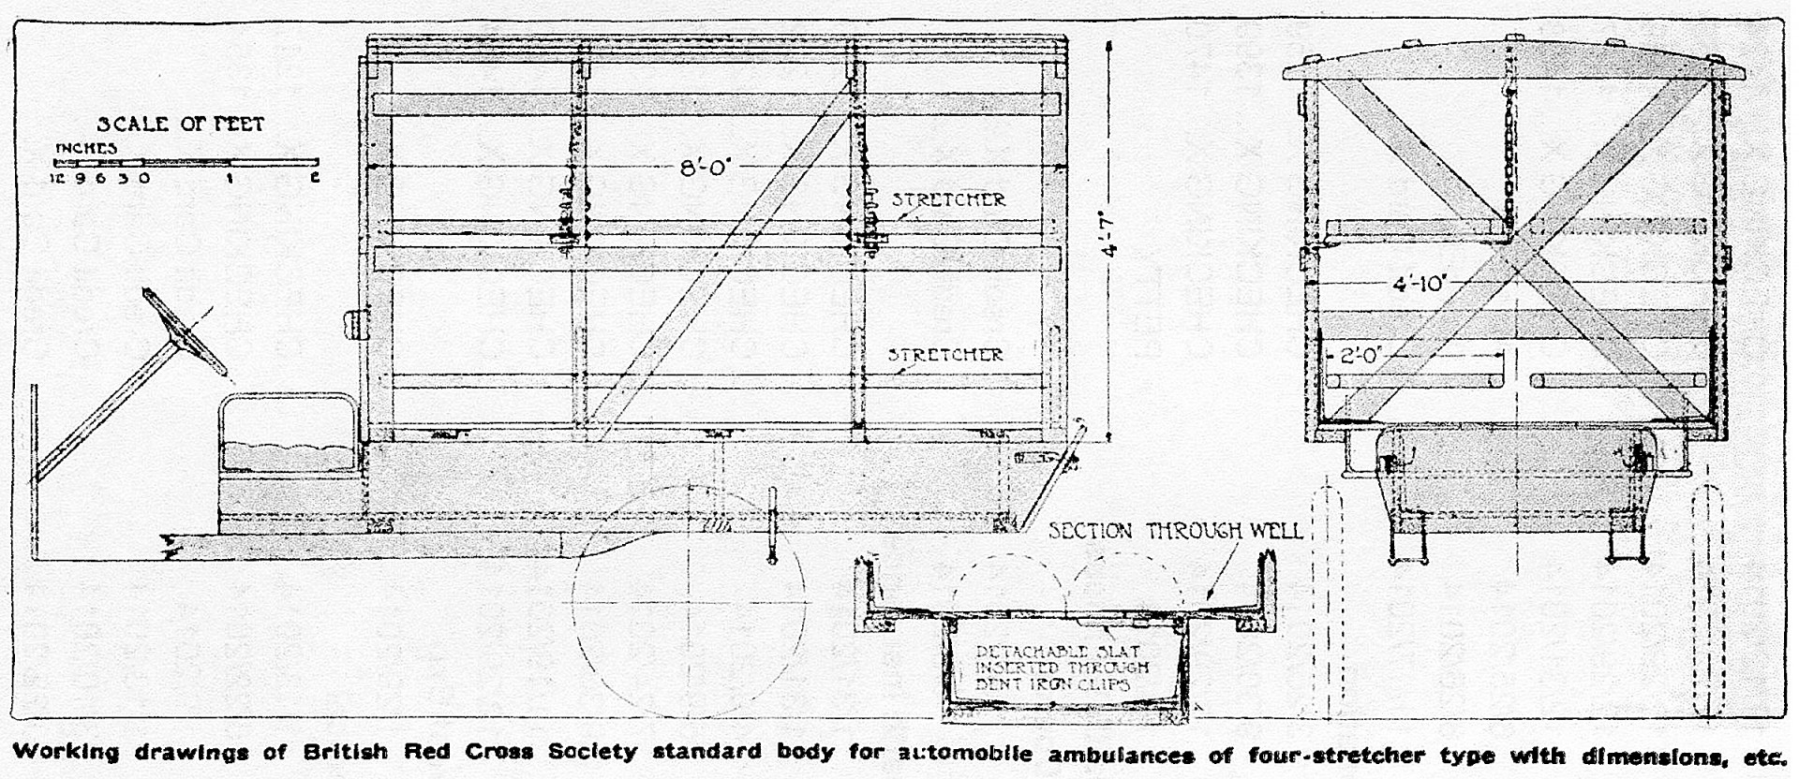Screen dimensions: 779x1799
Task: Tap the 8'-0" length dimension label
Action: [x=704, y=169]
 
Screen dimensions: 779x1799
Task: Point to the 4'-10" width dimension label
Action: [x=1419, y=282]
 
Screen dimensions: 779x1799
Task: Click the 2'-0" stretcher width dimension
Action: [x=1360, y=355]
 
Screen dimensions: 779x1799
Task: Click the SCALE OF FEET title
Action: [x=181, y=124]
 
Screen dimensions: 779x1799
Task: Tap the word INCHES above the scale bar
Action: [x=86, y=148]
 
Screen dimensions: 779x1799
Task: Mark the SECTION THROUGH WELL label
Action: [x=1175, y=531]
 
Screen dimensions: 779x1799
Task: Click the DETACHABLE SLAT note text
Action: [x=1062, y=668]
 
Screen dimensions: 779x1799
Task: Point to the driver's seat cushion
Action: [x=289, y=458]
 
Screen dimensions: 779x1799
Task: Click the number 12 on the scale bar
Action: [x=56, y=178]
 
